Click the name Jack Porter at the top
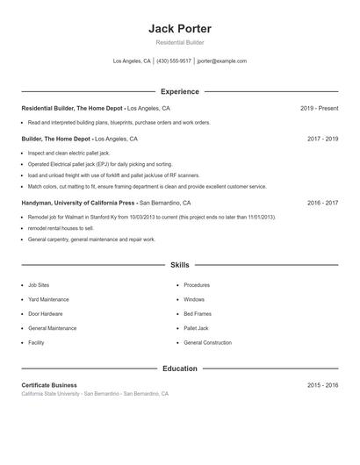pos(179,28)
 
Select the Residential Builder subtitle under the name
pos(179,42)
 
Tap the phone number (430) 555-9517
pos(174,61)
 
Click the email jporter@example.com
pos(222,61)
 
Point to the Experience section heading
pos(179,91)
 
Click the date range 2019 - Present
pos(319,108)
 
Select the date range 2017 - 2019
pos(322,139)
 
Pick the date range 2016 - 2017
pos(322,202)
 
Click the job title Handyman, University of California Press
pos(78,202)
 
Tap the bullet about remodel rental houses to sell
pos(61,227)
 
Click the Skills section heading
pos(179,264)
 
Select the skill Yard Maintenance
pos(48,299)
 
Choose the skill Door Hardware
pos(46,313)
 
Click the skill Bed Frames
pos(197,313)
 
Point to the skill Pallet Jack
pos(196,328)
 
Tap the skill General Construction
pos(207,342)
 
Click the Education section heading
pos(179,368)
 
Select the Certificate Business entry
pos(49,385)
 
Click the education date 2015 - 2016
pos(322,385)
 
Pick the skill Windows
pos(194,299)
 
